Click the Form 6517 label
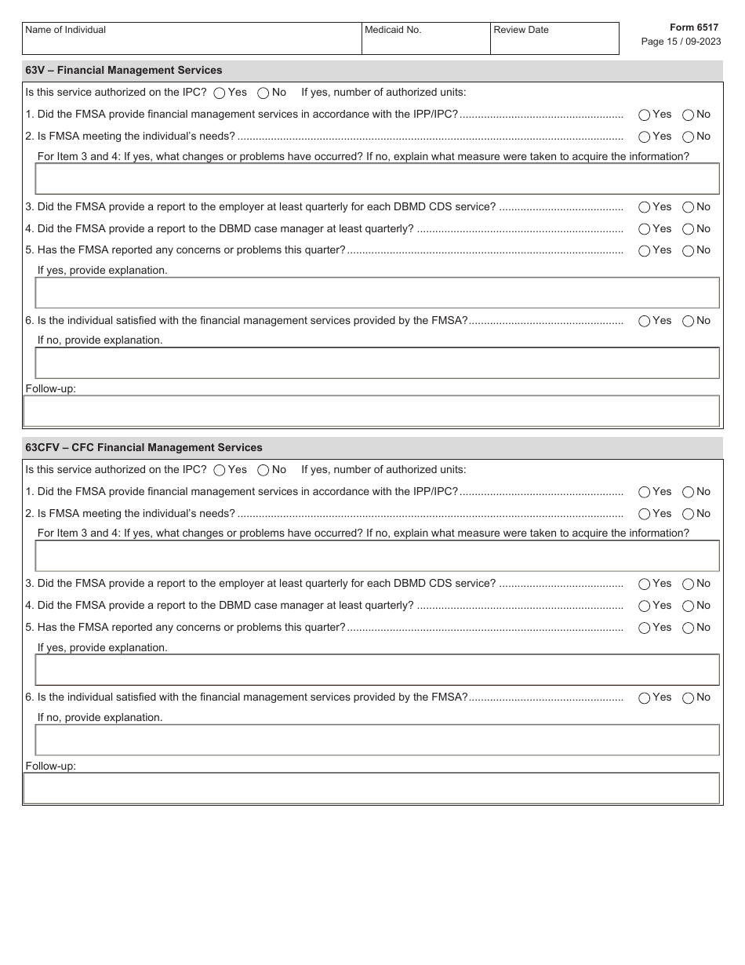point(693,27)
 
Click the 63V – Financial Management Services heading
point(124,71)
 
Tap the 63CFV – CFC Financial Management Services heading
point(144,448)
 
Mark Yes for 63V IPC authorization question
point(220,93)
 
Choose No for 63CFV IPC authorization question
point(263,471)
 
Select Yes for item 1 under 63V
point(645,115)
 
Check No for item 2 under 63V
point(688,137)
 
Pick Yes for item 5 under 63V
point(645,251)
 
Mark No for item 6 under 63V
point(688,321)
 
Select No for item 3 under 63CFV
point(688,584)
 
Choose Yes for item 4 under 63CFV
point(645,606)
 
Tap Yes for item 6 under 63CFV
point(645,698)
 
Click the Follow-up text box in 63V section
point(372,411)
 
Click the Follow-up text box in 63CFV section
point(372,788)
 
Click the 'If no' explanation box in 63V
point(376,363)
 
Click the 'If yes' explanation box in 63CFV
point(376,670)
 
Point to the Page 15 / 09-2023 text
point(679,42)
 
